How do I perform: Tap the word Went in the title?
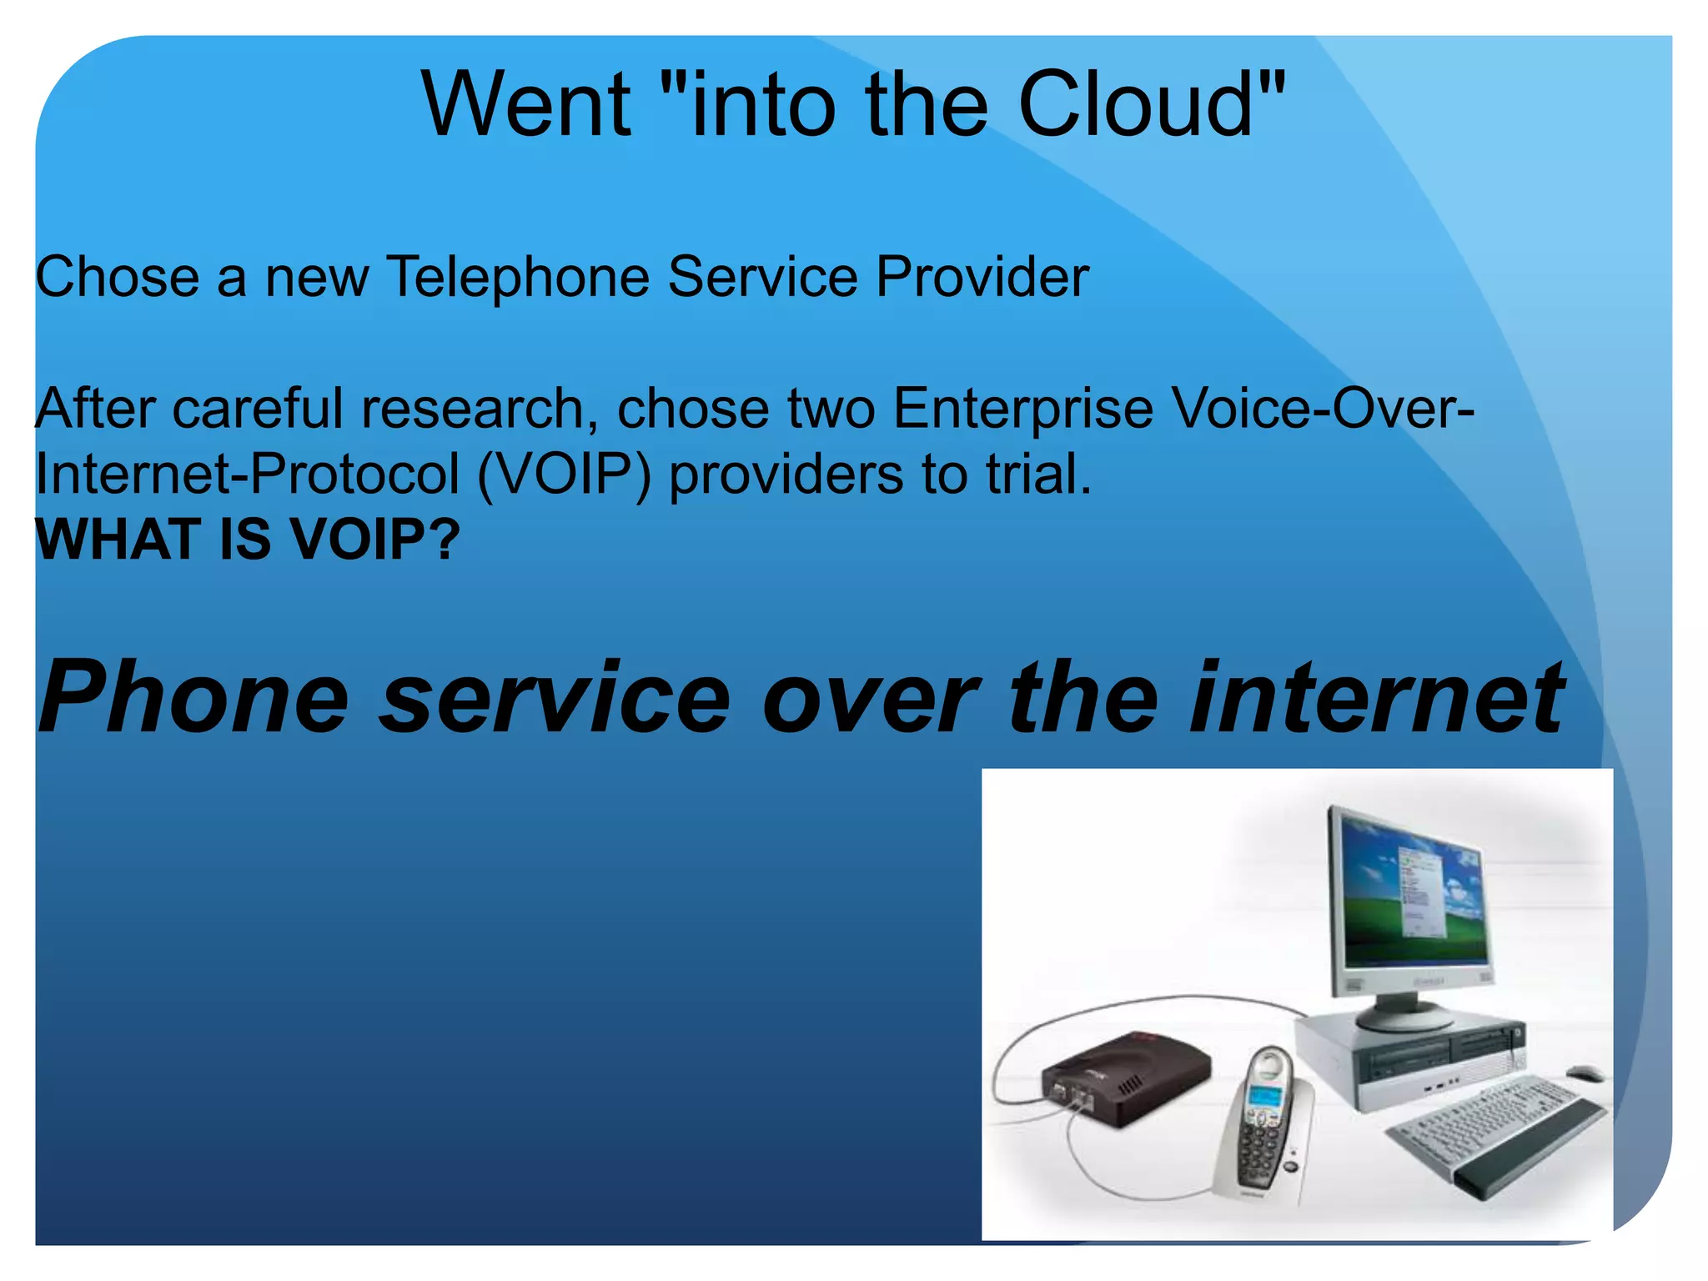click(526, 105)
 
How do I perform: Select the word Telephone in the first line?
click(518, 277)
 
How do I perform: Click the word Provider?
click(982, 277)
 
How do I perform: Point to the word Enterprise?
click(1022, 409)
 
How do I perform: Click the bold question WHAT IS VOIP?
click(248, 540)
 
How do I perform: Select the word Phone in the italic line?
click(193, 699)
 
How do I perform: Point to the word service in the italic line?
click(555, 699)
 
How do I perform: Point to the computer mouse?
click(1584, 1073)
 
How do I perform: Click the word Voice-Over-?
click(1323, 409)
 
